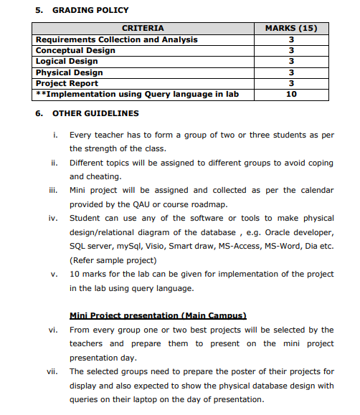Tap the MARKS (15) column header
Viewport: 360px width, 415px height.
[x=291, y=29]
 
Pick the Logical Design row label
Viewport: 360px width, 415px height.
[x=67, y=62]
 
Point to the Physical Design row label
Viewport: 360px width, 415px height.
[x=70, y=72]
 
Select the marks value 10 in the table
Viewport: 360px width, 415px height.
[x=291, y=94]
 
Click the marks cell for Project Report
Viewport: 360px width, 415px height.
[x=291, y=83]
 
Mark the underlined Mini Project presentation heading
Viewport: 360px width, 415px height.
[x=158, y=315]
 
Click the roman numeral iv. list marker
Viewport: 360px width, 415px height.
[x=52, y=218]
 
